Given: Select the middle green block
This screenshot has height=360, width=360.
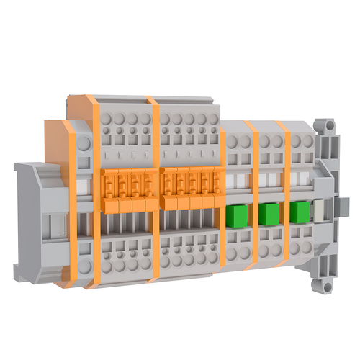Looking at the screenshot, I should point(269,213).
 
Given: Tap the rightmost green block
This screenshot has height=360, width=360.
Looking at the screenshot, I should point(300,212).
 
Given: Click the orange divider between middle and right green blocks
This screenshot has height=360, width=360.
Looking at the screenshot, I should point(285,194).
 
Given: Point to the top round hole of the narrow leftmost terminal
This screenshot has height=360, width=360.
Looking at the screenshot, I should point(84,144).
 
